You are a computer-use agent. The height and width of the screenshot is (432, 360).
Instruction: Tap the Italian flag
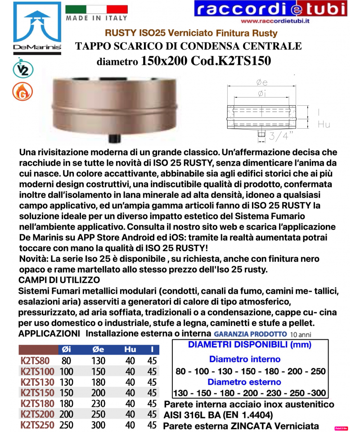point(96,9)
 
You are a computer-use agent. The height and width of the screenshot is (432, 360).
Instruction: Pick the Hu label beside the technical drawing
point(324,124)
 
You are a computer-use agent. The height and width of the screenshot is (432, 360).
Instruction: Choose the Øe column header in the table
point(99,350)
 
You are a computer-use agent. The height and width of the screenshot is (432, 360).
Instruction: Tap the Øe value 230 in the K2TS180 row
point(99,404)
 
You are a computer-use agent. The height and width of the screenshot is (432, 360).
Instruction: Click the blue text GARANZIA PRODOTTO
point(250,334)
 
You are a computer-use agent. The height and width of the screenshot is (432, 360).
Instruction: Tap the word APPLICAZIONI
point(49,334)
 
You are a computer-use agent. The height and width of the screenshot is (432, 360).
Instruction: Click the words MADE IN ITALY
point(96,18)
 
